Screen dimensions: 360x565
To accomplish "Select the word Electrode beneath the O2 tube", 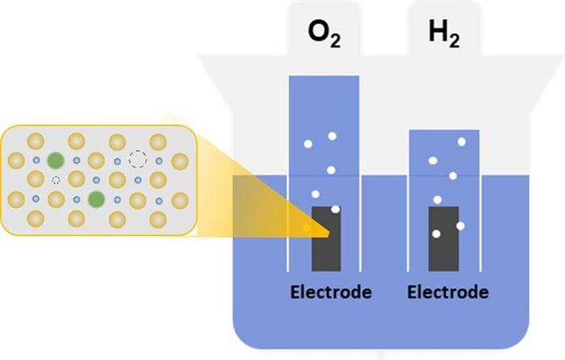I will (331, 291).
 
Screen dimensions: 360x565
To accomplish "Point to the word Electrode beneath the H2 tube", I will (448, 291).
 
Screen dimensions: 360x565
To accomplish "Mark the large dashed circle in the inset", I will (138, 159).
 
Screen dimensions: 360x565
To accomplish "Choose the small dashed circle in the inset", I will (56, 178).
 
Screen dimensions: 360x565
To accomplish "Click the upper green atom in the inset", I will (56, 159).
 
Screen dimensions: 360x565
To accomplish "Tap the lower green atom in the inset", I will (97, 199).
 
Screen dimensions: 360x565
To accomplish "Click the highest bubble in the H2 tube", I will (462, 142).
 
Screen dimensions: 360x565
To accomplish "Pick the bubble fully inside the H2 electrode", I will (437, 234).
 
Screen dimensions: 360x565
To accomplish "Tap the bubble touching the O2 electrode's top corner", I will (336, 209).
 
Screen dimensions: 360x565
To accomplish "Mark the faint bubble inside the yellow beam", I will (307, 228).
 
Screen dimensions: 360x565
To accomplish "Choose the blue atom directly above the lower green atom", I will (97, 179).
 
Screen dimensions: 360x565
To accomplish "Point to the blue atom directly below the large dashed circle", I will (138, 179).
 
